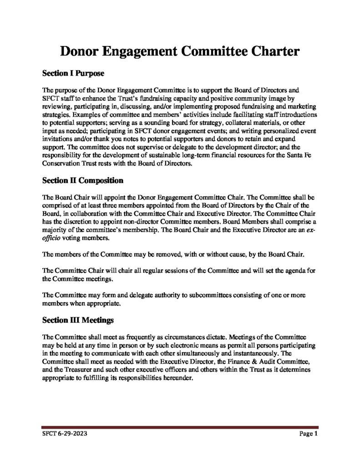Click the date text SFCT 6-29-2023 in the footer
62,434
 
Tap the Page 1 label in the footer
308,434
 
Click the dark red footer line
180,427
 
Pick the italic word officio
51,238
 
